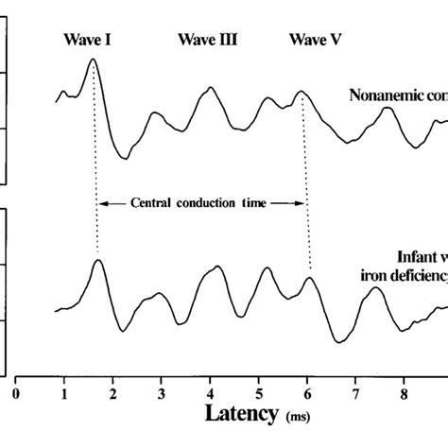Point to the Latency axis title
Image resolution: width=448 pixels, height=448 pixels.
point(243,413)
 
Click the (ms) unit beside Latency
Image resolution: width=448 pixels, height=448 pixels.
point(299,416)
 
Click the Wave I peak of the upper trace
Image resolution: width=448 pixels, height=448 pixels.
point(93,60)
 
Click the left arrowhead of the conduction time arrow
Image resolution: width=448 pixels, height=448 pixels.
point(103,201)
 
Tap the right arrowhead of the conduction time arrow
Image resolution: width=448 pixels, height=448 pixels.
point(303,201)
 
